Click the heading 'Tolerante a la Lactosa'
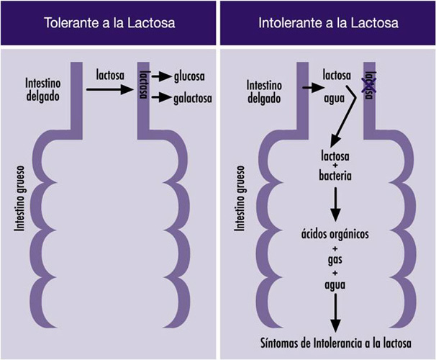click(x=109, y=23)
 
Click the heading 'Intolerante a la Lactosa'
click(x=328, y=23)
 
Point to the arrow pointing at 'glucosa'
click(x=160, y=76)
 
